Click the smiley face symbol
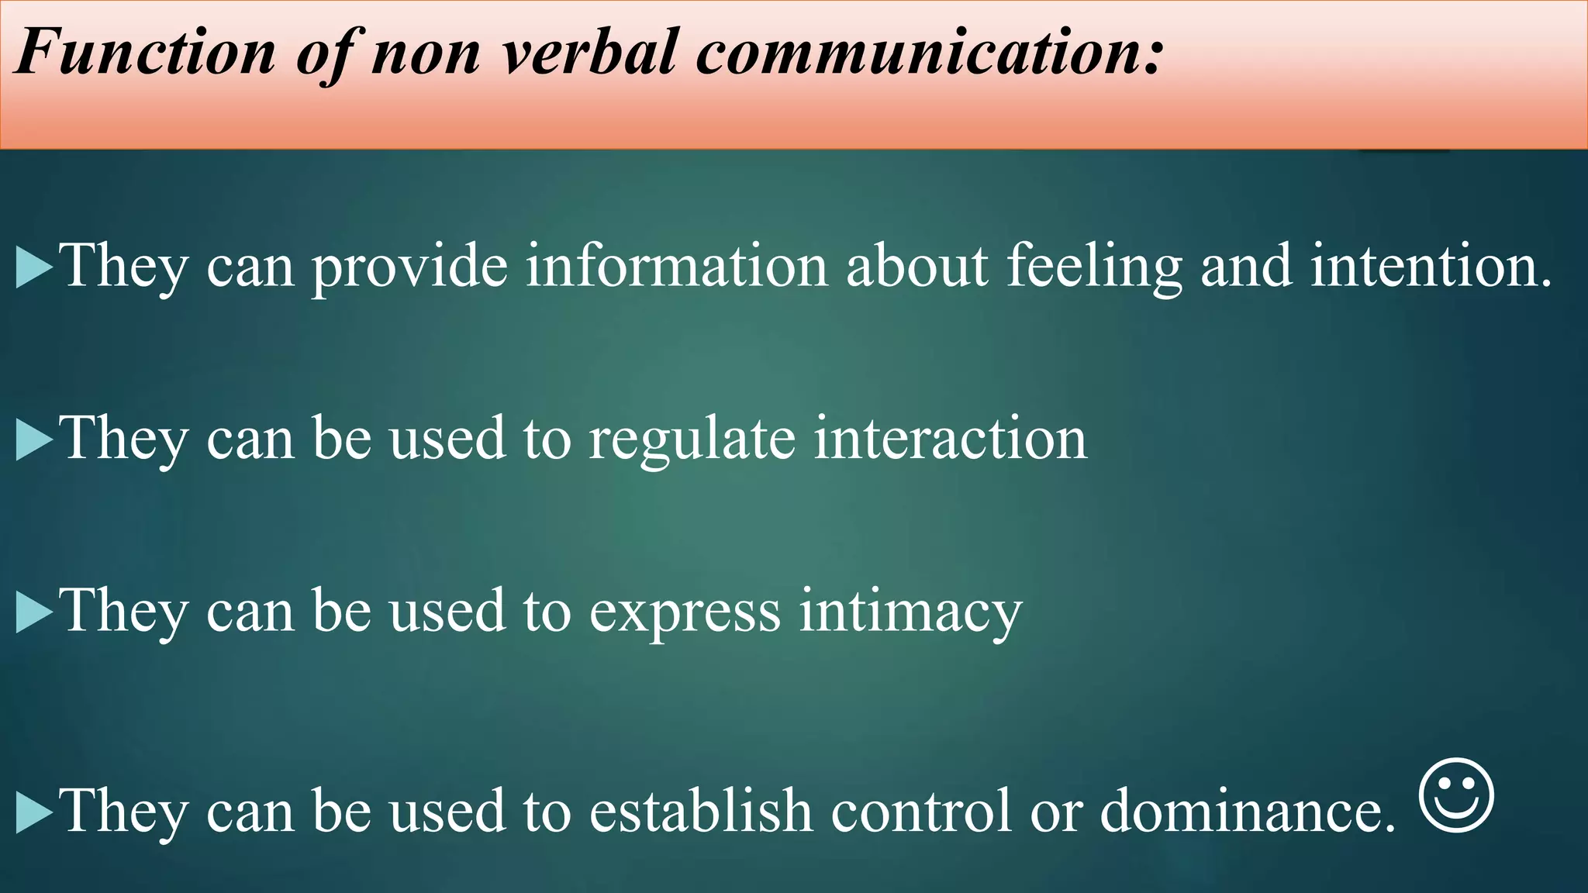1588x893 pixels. (1456, 795)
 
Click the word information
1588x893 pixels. (676, 266)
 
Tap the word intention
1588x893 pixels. (1431, 266)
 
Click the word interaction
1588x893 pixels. (950, 439)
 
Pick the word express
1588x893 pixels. (685, 612)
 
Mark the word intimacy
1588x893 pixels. (910, 612)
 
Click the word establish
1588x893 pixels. (701, 811)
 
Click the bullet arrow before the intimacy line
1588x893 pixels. (33, 613)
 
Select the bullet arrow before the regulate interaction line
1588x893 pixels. (33, 440)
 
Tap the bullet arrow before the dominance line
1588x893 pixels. (33, 813)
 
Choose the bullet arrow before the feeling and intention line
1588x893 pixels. (33, 268)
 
